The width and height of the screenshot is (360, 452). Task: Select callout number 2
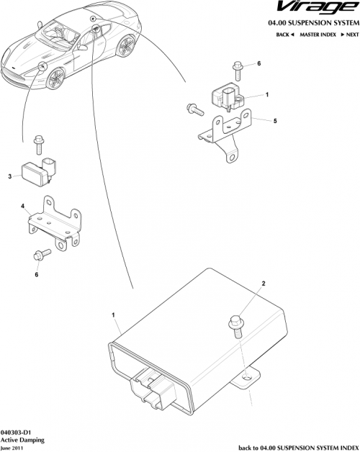point(264,284)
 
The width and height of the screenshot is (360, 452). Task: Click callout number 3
point(10,176)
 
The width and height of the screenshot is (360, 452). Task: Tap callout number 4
point(23,207)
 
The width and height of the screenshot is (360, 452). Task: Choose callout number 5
point(274,121)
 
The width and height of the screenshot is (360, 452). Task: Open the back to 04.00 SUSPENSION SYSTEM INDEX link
point(297,446)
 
